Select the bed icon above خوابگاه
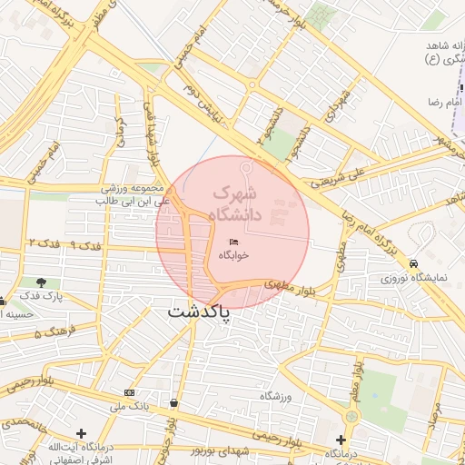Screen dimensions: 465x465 (233, 242)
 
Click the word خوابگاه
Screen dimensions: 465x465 (233, 256)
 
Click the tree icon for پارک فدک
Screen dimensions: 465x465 (41, 282)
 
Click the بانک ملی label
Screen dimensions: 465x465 (128, 406)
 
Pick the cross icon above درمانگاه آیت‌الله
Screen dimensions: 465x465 (82, 433)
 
